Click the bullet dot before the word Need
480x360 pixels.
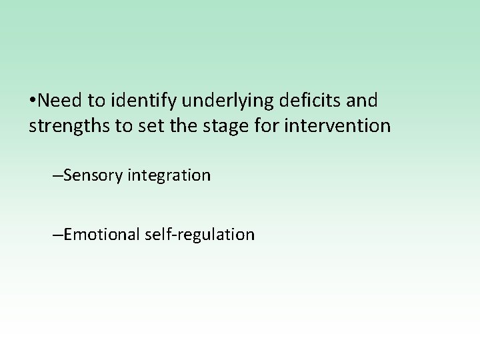click(x=33, y=101)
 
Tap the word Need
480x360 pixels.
click(x=61, y=101)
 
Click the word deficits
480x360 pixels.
click(x=314, y=101)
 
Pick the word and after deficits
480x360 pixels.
click(x=363, y=101)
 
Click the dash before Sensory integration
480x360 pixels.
click(x=55, y=176)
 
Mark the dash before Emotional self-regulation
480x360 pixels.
click(x=55, y=235)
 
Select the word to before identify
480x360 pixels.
click(x=97, y=101)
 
